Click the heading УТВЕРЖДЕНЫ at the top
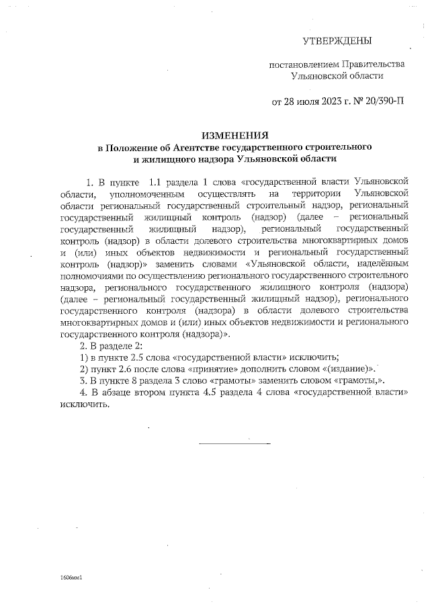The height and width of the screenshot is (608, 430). click(x=337, y=42)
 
